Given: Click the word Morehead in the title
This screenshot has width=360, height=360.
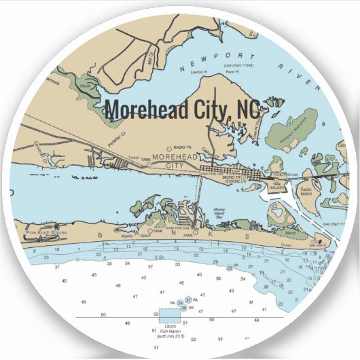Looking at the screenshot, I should point(149,109).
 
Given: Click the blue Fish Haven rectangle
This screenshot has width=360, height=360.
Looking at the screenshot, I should point(169,312).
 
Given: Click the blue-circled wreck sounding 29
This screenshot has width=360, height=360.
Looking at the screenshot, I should point(229,268).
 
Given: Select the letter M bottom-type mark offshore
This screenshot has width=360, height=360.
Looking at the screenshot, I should point(251,301).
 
